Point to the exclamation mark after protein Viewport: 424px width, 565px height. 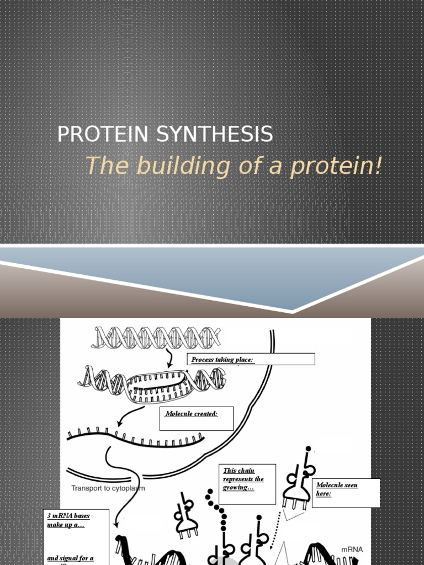point(378,166)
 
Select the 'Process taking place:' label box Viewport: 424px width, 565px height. point(251,360)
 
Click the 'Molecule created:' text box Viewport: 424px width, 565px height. point(197,418)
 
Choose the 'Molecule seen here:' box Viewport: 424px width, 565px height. point(347,492)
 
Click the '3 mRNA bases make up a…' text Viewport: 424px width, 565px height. point(68,520)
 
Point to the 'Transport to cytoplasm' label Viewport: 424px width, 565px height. point(108,488)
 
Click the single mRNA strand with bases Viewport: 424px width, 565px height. point(135,438)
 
